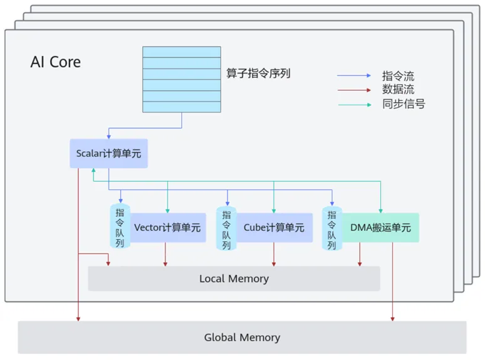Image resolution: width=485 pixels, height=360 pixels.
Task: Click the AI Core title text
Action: click(56, 62)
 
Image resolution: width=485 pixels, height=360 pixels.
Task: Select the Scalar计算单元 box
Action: click(108, 154)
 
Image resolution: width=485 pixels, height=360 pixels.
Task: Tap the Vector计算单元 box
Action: click(168, 228)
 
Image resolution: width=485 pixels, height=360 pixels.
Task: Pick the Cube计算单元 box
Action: click(274, 228)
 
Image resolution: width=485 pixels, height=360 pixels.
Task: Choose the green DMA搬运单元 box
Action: click(380, 228)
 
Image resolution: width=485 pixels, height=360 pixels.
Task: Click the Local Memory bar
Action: click(234, 278)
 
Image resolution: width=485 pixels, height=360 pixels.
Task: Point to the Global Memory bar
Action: click(242, 337)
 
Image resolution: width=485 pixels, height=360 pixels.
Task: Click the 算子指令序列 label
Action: click(258, 73)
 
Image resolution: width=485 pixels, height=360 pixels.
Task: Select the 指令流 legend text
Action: click(398, 76)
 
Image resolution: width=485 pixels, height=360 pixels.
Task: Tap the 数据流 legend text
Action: click(398, 90)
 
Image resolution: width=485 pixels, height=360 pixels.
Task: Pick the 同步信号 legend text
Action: click(404, 103)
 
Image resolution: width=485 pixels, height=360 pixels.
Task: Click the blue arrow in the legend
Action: click(354, 75)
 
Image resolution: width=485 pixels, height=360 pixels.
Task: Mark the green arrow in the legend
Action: click(355, 105)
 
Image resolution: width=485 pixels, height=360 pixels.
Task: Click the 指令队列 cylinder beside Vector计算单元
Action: click(120, 226)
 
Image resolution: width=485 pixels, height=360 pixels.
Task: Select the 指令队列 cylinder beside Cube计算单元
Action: click(226, 228)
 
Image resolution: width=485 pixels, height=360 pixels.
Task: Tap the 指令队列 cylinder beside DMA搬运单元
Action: click(332, 228)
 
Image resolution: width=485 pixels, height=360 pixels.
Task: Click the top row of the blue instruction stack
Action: click(182, 52)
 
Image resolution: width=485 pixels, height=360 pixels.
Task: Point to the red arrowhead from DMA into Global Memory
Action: click(392, 319)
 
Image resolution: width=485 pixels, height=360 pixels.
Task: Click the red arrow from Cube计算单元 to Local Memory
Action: click(274, 254)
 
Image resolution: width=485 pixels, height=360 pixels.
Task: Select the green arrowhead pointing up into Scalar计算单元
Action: click(93, 170)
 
